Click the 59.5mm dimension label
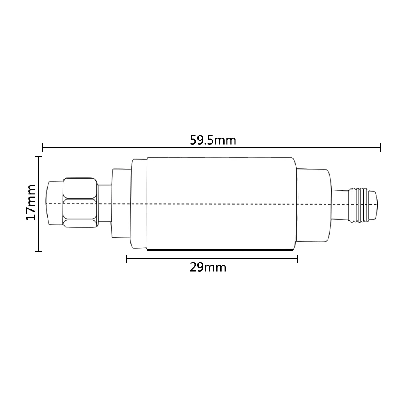tap(213, 140)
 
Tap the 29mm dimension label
tap(208, 267)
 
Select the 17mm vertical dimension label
tap(31, 203)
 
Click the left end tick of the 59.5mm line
tap(43, 147)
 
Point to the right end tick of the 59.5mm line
tap(380, 147)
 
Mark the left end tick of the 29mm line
tap(127, 259)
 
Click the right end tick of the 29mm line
tap(298, 259)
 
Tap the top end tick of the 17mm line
tap(39, 157)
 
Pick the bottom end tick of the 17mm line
tap(39, 251)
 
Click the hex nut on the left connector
tap(80, 203)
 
